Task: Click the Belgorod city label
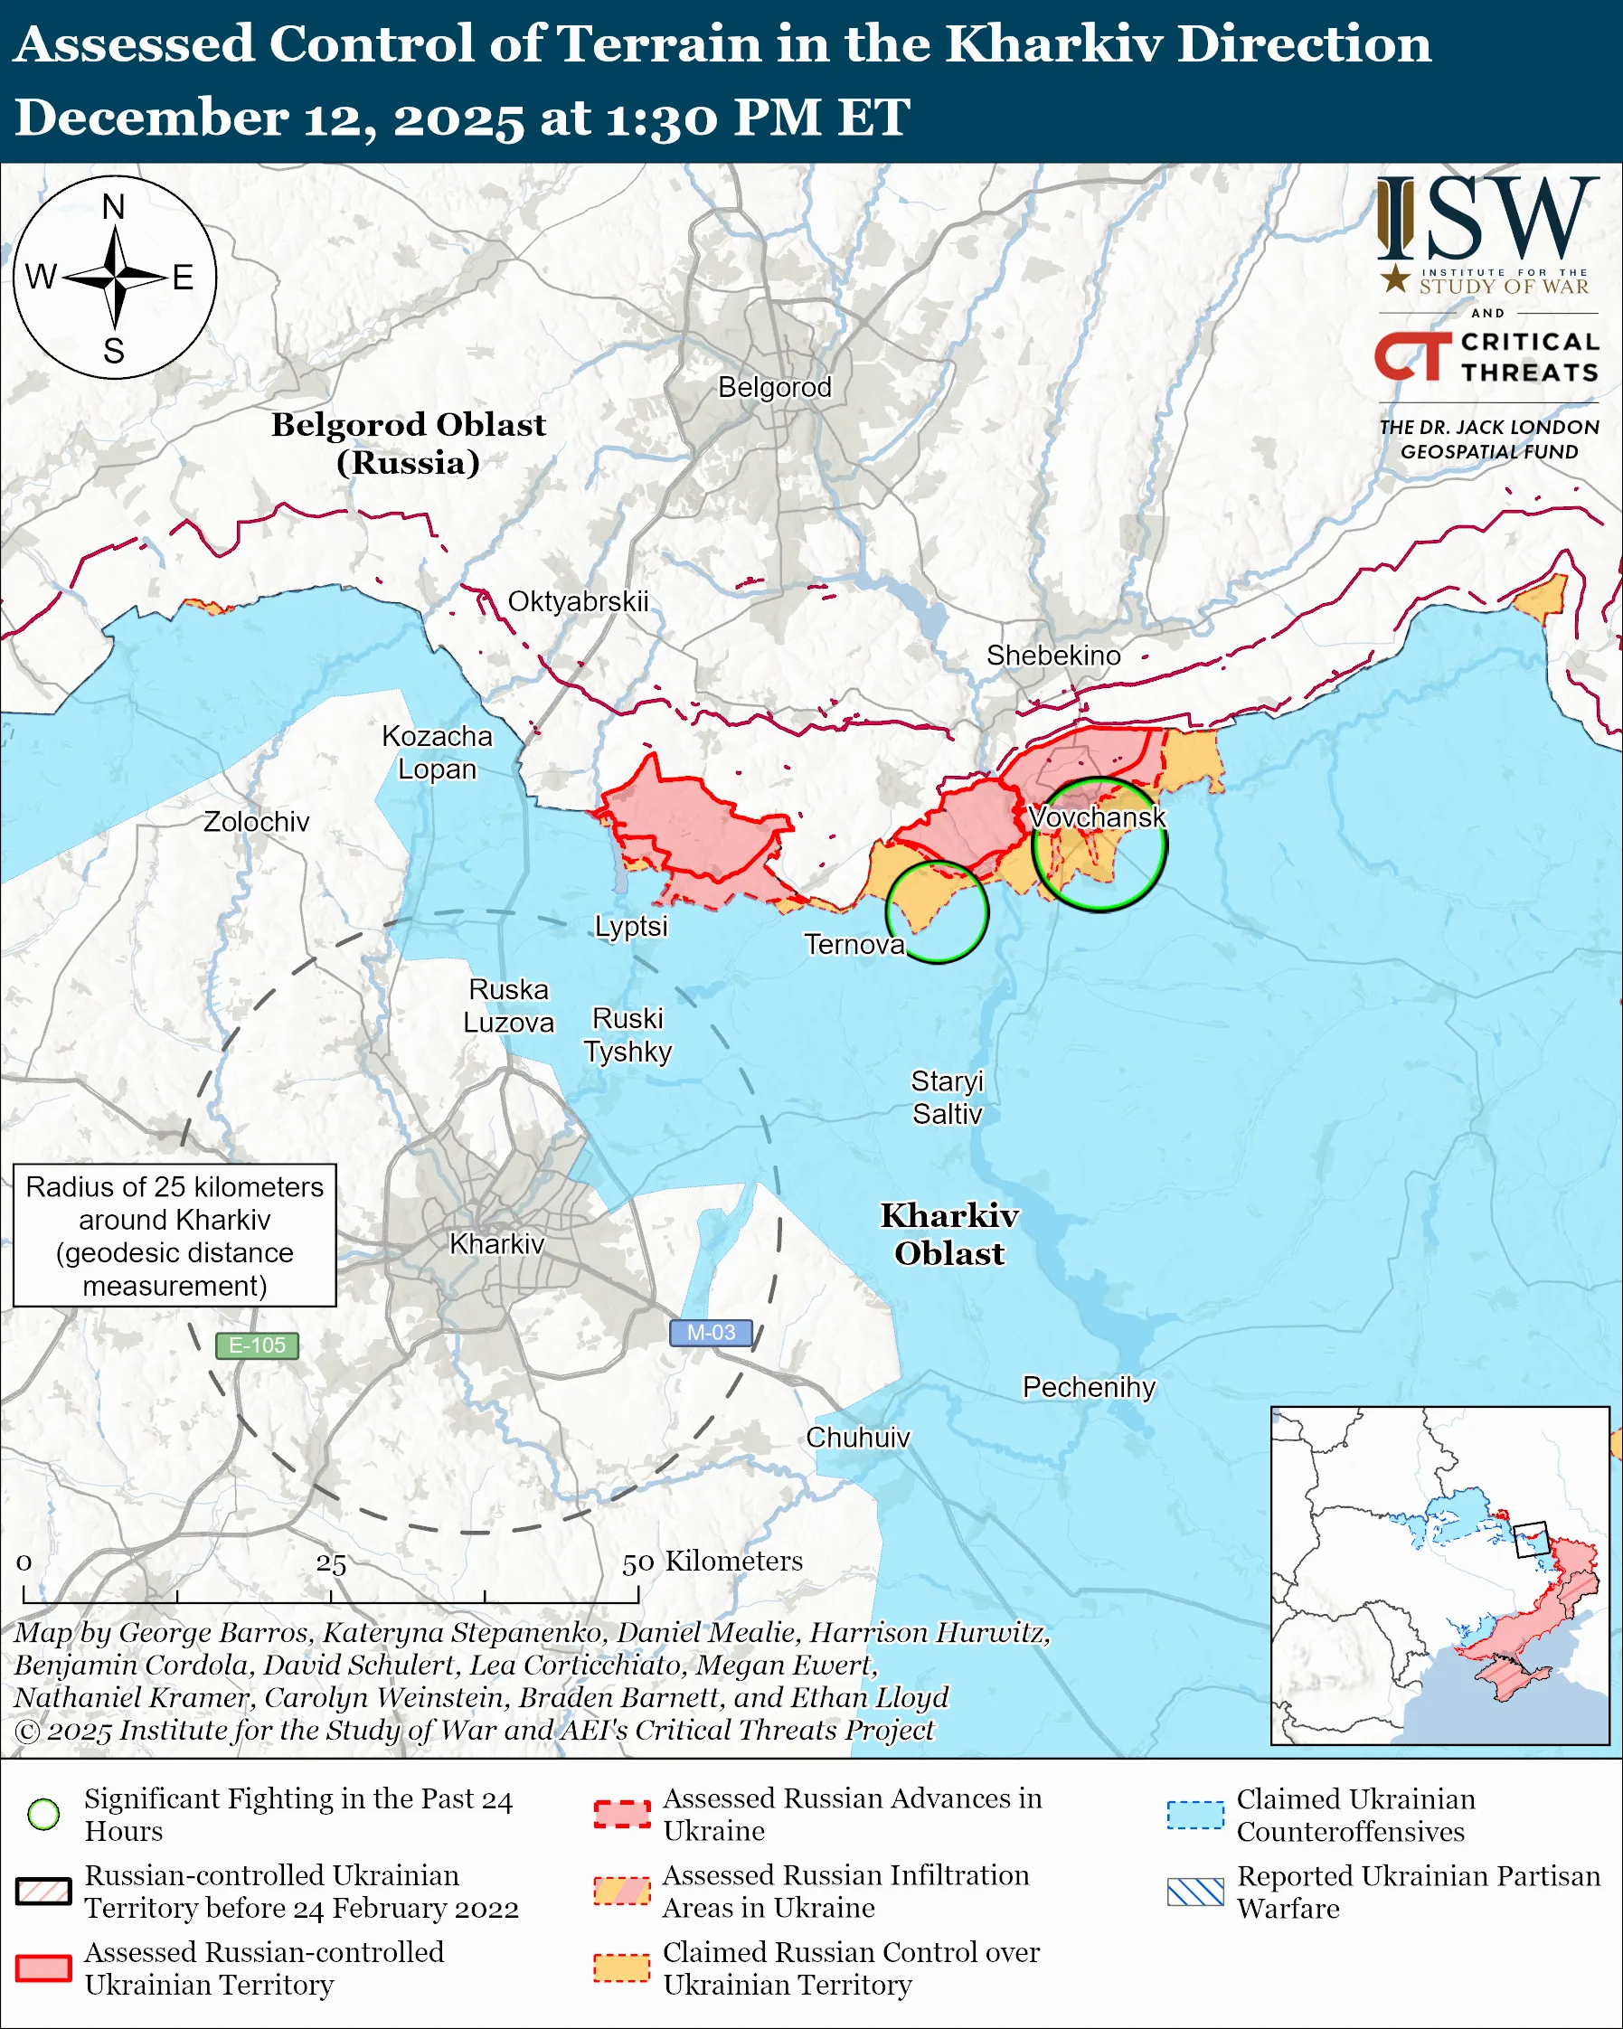coord(774,387)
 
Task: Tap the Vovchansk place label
coord(1097,816)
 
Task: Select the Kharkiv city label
coord(496,1244)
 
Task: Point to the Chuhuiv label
coord(857,1437)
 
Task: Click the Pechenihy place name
coord(1089,1387)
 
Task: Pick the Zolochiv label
coord(256,822)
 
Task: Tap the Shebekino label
coord(1052,655)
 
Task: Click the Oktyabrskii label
coord(578,601)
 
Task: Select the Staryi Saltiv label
coord(947,1098)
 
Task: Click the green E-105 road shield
coord(257,1345)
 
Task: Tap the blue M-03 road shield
coord(711,1333)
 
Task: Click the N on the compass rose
coord(114,206)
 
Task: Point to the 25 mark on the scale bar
coord(331,1564)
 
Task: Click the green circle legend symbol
coord(44,1814)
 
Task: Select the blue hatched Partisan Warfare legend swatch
coord(1195,1892)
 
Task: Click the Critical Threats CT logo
coord(1412,356)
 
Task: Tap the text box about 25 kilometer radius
coord(175,1236)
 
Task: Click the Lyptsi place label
coord(630,926)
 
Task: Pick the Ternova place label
coord(854,944)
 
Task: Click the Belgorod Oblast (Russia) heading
coord(409,443)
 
